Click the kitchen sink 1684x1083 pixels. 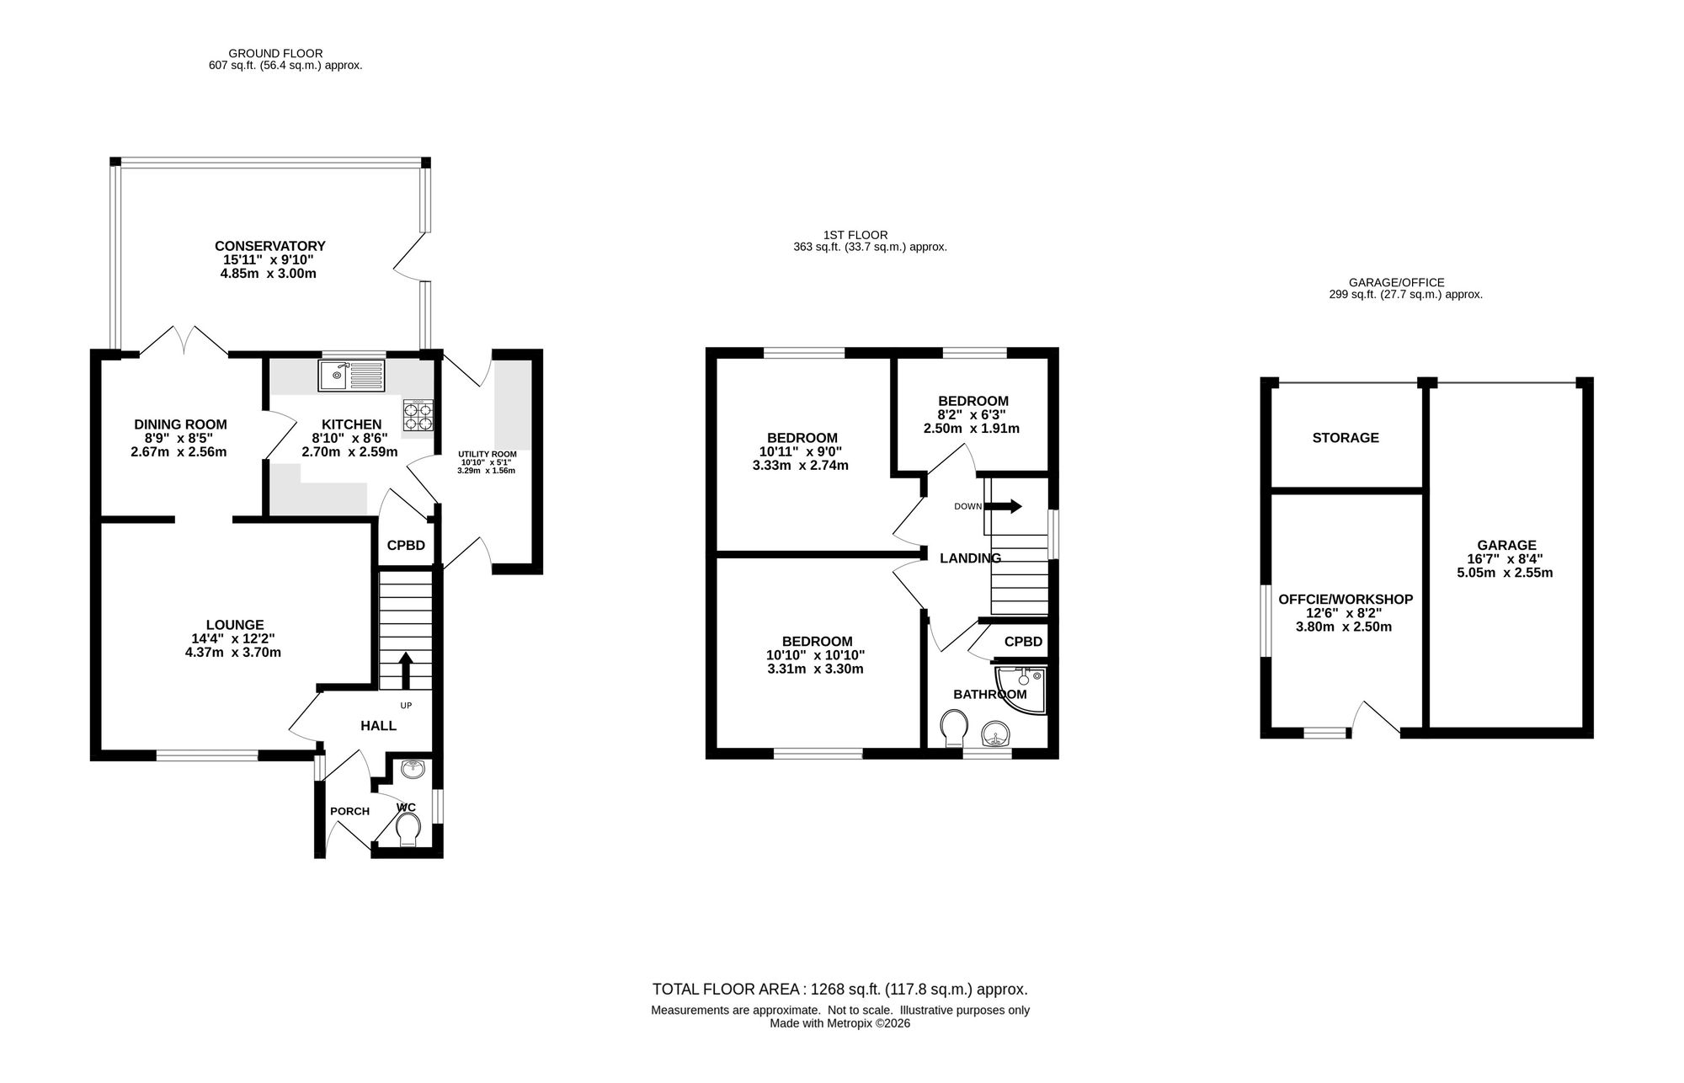click(x=351, y=375)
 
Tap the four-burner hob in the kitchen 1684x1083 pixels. click(x=418, y=416)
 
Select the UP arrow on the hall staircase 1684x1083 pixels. click(x=405, y=671)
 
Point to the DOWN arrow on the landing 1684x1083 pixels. click(x=1003, y=506)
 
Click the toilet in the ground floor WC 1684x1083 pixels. click(x=408, y=829)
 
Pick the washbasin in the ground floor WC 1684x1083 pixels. click(x=413, y=769)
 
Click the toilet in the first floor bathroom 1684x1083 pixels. click(x=953, y=728)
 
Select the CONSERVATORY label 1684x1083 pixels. click(x=270, y=246)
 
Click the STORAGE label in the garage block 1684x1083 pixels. click(x=1346, y=438)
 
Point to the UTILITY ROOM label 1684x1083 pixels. click(x=488, y=454)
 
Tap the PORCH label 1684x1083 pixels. click(x=349, y=812)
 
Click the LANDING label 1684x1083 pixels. click(x=970, y=558)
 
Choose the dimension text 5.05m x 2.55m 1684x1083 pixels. click(x=1505, y=573)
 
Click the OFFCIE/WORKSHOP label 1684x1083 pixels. click(x=1346, y=600)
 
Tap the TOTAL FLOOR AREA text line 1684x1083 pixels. click(x=840, y=990)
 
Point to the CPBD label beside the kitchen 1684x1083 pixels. click(x=406, y=546)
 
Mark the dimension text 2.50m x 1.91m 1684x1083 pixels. click(x=972, y=428)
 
